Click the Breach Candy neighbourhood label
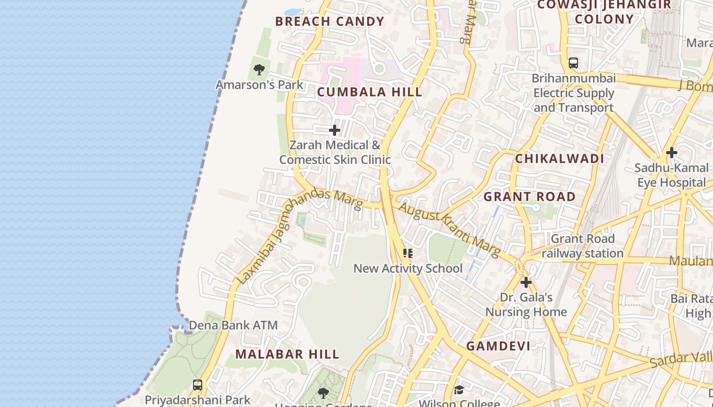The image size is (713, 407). [330, 21]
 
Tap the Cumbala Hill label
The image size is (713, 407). [370, 92]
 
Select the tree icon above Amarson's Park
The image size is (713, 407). [259, 70]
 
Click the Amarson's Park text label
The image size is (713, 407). [259, 85]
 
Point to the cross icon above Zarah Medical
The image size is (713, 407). [335, 131]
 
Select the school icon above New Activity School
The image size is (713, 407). [407, 253]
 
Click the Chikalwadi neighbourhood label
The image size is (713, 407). [559, 159]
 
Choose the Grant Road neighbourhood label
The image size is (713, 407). [530, 197]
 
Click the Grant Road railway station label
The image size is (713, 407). [583, 246]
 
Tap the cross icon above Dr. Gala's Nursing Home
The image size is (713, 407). [526, 282]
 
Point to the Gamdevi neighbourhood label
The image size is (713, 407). [498, 346]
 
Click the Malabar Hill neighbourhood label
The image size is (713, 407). [287, 354]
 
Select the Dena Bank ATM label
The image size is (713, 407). [233, 325]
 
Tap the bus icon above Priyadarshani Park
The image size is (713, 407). [198, 385]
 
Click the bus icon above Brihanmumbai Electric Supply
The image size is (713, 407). [573, 64]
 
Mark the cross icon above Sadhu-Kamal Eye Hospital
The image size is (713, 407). [671, 153]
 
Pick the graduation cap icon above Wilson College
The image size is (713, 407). [459, 390]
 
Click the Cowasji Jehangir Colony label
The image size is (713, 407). [604, 12]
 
